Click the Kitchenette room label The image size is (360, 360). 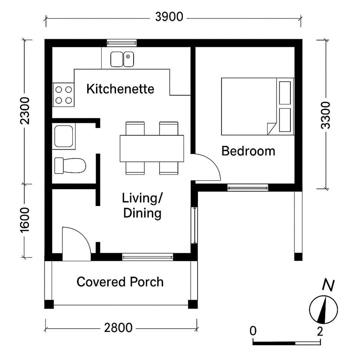(x=120, y=88)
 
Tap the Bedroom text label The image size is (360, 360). (x=248, y=151)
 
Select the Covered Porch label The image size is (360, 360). (x=120, y=282)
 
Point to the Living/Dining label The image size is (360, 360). (x=142, y=206)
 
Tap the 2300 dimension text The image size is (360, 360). (x=25, y=111)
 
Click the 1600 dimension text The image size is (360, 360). (x=25, y=220)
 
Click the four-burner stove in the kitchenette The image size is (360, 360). (x=63, y=95)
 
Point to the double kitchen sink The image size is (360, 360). (x=122, y=59)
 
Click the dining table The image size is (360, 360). (x=152, y=148)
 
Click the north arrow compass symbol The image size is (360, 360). (x=323, y=309)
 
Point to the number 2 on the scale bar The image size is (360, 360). (x=319, y=331)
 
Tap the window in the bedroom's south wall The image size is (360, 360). (x=248, y=187)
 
